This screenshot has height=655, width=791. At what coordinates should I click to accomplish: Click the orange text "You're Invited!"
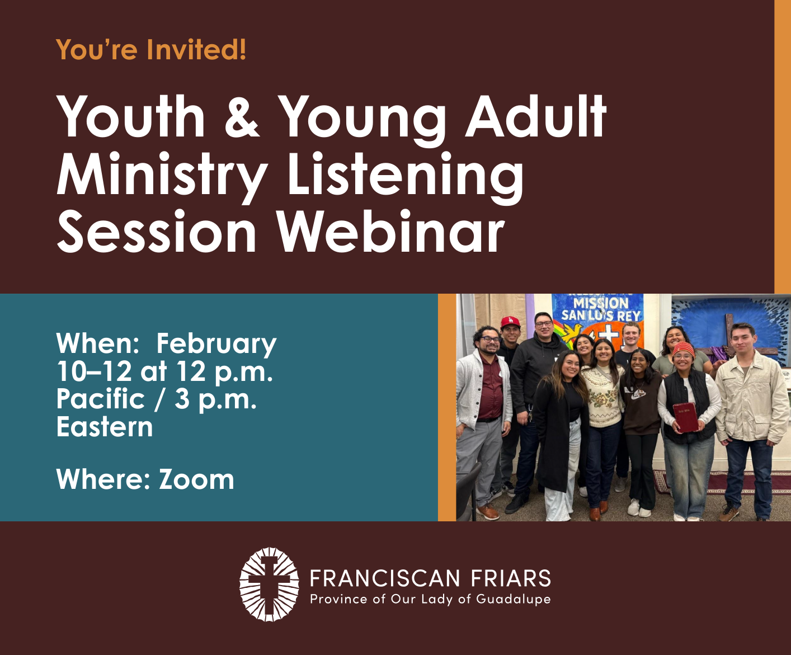(151, 49)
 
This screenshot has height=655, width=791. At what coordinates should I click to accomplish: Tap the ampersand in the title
(242, 116)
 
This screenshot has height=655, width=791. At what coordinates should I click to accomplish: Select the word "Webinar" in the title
(390, 230)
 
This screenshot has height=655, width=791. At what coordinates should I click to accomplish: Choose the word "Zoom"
(196, 479)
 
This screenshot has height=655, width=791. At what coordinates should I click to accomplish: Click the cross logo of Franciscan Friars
(269, 584)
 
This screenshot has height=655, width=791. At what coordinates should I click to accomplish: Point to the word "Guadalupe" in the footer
(513, 600)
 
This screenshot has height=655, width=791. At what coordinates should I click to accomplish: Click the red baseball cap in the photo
(510, 322)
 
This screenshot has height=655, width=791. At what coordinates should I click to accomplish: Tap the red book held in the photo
(685, 417)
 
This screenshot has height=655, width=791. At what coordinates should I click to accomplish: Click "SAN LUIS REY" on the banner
(601, 315)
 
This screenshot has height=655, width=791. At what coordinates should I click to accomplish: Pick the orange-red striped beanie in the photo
(684, 349)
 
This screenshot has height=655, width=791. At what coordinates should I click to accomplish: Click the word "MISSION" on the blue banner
(601, 303)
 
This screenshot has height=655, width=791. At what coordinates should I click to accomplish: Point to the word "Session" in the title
(157, 230)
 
